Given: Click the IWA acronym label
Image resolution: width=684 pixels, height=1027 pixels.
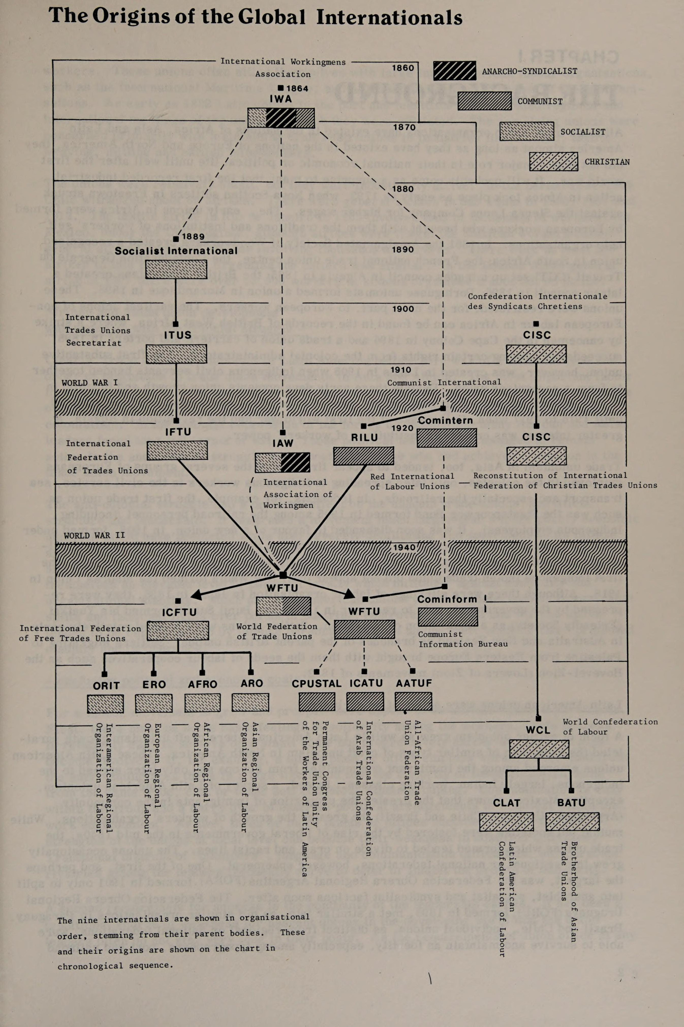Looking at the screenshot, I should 280,99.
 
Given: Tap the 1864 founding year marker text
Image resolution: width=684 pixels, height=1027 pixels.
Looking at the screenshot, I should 297,88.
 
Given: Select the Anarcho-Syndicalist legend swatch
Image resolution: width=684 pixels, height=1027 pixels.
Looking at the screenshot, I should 455,71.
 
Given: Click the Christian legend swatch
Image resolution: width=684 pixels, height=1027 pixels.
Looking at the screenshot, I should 553,161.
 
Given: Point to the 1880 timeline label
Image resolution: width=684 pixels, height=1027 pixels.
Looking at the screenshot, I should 402,188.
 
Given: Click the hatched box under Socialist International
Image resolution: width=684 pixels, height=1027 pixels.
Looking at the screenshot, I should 176,269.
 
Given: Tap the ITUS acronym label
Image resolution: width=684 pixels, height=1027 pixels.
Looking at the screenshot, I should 178,335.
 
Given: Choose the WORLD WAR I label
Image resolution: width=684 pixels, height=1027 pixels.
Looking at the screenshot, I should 90,383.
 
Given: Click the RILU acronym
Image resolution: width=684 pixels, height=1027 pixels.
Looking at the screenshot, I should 364,437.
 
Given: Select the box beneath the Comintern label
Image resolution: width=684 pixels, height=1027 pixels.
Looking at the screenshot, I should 447,438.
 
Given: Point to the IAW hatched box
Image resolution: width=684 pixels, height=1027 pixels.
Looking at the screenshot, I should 282,462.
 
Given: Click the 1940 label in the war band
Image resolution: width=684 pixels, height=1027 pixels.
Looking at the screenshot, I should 404,547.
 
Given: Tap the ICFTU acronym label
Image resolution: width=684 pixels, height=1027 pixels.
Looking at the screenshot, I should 179,612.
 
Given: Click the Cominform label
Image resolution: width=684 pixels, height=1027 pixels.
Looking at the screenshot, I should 447,599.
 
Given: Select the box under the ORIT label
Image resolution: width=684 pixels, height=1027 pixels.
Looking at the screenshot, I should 105,703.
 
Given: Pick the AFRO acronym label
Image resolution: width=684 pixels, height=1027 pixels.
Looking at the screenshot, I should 202,684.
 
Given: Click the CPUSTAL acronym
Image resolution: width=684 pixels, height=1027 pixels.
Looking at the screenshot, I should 317,684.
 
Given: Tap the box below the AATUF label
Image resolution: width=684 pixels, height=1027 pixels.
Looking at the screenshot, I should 413,701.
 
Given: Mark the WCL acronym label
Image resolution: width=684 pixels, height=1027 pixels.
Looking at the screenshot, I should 538,730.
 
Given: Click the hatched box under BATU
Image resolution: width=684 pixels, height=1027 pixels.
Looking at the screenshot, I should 572,821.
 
